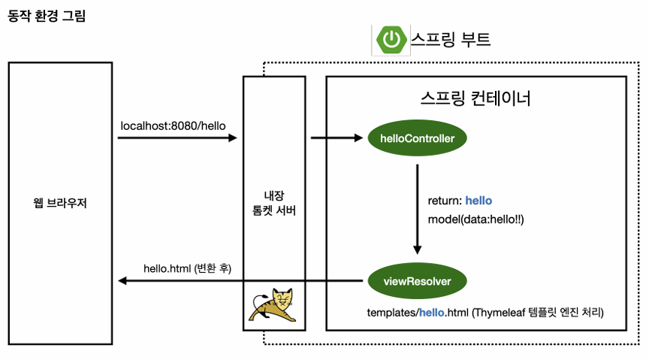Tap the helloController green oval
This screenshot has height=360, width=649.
[417, 138]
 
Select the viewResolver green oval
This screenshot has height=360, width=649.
[417, 282]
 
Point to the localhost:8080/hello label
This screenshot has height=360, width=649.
[173, 126]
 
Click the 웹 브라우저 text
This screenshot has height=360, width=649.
[61, 203]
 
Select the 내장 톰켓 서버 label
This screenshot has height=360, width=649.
[273, 203]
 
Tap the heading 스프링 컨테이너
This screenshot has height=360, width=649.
[475, 98]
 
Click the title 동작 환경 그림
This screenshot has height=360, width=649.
[47, 16]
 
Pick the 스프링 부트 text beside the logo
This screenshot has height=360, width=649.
[451, 40]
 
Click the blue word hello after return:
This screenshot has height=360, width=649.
[478, 201]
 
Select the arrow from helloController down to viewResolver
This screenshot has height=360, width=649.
[417, 210]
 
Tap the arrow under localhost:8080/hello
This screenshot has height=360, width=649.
[177, 138]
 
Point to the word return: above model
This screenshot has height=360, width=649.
[444, 201]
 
